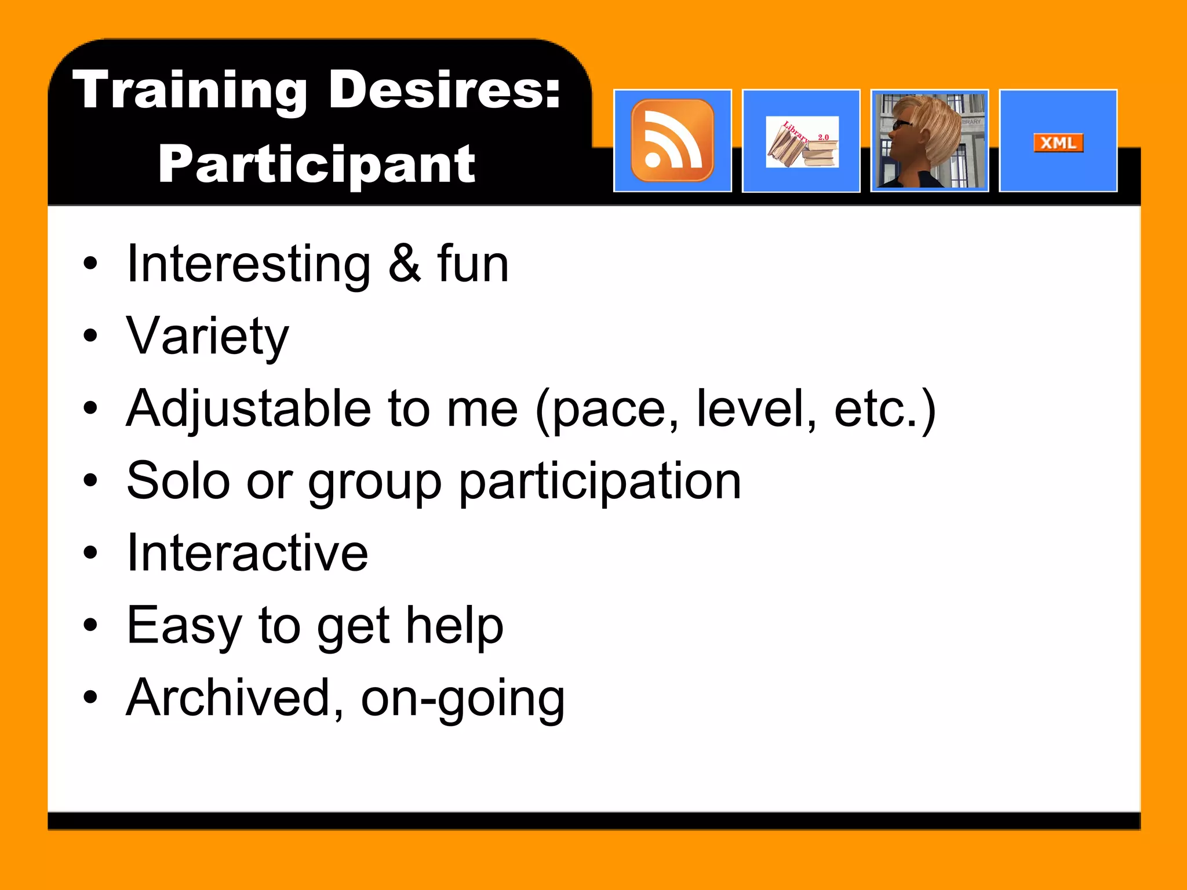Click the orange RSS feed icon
[x=672, y=141]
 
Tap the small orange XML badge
[x=1058, y=143]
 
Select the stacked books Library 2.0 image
[x=802, y=143]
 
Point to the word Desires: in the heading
[x=445, y=90]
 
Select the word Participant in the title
[x=316, y=165]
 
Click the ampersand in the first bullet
[x=404, y=264]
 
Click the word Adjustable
[x=248, y=409]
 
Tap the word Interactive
[x=247, y=553]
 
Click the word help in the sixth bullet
[x=454, y=626]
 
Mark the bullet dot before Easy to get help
[x=90, y=625]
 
